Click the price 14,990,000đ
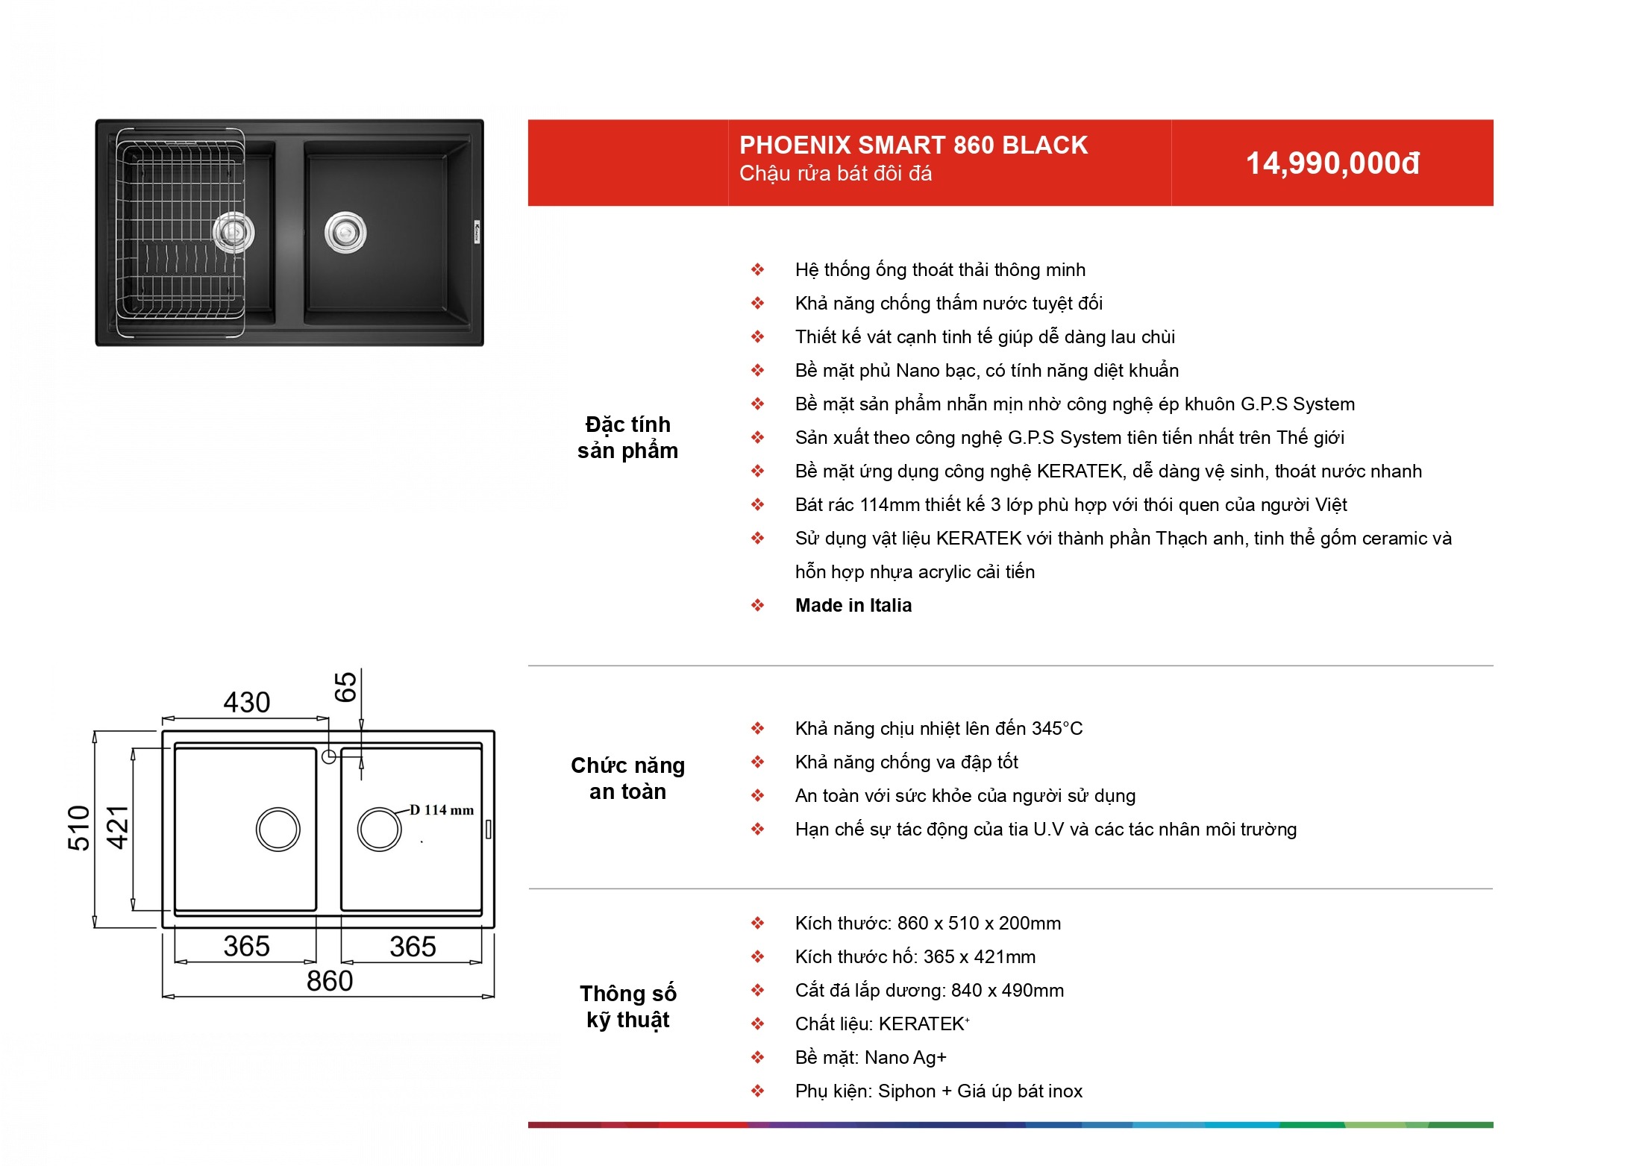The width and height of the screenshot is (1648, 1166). click(x=1332, y=164)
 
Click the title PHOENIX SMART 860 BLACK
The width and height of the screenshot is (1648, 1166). click(x=913, y=145)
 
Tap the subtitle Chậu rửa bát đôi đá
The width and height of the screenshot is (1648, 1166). click(x=836, y=174)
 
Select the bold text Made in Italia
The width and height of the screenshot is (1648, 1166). click(x=853, y=605)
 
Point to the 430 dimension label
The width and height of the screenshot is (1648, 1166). click(x=247, y=702)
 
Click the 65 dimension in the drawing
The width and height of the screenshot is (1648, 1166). click(x=345, y=686)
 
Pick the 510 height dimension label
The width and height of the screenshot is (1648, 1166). click(x=78, y=828)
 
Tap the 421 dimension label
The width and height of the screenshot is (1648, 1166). click(x=118, y=828)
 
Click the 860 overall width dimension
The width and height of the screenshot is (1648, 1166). click(x=330, y=980)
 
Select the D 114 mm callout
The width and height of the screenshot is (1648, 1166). click(x=442, y=809)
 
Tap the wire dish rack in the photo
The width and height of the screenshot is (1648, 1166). click(x=181, y=232)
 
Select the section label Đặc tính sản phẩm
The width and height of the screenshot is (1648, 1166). click(x=627, y=437)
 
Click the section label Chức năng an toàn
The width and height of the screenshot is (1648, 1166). click(x=627, y=778)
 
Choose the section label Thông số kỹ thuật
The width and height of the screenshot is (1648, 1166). click(x=627, y=1006)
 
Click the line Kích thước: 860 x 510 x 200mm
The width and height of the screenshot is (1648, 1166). click(x=928, y=923)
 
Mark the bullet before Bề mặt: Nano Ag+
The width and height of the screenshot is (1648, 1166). click(x=758, y=1057)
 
